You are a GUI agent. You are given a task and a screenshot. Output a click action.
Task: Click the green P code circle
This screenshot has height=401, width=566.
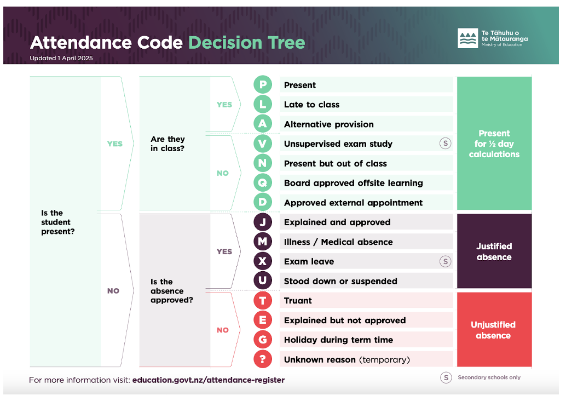click(263, 85)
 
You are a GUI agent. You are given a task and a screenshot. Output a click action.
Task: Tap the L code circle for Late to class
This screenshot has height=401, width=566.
click(263, 105)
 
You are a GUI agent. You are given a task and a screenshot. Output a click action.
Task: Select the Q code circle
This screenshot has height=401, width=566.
click(263, 183)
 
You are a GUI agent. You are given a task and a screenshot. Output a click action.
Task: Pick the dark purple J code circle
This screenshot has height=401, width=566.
click(263, 222)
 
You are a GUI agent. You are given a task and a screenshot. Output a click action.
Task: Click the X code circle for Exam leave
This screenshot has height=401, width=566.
click(263, 261)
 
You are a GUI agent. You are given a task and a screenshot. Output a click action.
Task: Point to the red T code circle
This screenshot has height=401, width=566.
click(263, 301)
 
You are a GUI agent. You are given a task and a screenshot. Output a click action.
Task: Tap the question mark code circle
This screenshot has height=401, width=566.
click(263, 359)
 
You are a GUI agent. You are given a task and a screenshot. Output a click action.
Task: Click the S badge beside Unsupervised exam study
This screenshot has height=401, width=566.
click(445, 144)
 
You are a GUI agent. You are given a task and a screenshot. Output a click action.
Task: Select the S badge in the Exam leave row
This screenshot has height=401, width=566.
click(445, 261)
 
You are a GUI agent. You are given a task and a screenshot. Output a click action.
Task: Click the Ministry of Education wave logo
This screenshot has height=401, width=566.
click(468, 38)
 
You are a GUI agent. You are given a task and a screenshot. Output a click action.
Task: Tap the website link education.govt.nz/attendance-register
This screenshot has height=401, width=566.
click(209, 380)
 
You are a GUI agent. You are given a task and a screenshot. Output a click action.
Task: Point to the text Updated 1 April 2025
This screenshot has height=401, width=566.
click(61, 58)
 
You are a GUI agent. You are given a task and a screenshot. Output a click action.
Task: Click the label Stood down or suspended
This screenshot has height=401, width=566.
click(340, 281)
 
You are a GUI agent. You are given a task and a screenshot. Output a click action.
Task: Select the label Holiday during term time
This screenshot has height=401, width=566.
click(338, 340)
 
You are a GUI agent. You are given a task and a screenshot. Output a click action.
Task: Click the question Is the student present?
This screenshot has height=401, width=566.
click(57, 222)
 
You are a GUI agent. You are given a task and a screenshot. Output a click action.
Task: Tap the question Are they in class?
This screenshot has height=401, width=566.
click(168, 144)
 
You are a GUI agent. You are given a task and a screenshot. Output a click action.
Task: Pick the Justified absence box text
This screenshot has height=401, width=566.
click(494, 251)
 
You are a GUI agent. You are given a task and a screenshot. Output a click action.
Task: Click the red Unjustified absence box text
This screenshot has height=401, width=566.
click(493, 330)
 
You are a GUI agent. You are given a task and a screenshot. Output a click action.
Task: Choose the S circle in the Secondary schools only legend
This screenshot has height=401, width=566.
click(446, 377)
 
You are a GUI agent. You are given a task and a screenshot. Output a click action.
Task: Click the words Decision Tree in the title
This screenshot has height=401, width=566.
click(247, 43)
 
